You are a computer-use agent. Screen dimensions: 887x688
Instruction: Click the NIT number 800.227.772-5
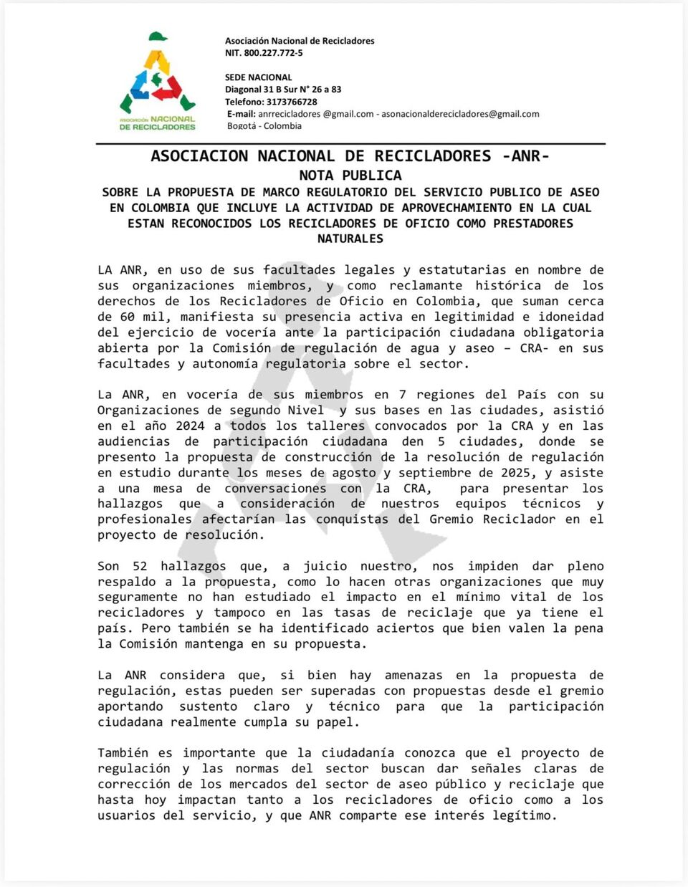coord(273,53)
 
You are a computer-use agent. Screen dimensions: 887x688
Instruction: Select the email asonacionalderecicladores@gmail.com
coord(460,114)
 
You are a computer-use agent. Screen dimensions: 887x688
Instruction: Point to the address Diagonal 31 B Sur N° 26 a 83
coord(283,90)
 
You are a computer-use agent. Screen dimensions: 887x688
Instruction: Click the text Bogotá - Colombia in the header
coord(264,126)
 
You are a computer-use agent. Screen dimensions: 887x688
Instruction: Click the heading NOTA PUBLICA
coord(350,176)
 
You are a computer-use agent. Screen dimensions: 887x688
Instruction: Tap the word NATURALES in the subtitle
coord(350,239)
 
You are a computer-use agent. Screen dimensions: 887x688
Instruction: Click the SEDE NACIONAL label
coord(259,77)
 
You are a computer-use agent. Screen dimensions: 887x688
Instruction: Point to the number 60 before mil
coord(127,317)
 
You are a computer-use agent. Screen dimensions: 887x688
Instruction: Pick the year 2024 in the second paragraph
coord(191,426)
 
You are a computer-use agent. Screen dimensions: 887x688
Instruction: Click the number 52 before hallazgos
coord(140,566)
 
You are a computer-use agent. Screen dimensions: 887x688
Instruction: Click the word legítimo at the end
coord(524,815)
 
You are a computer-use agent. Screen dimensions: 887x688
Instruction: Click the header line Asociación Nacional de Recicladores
coord(300,41)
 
